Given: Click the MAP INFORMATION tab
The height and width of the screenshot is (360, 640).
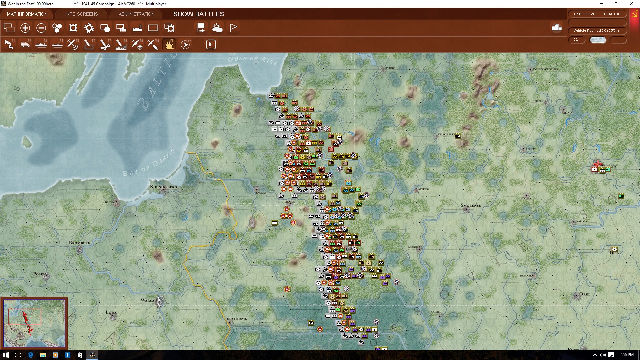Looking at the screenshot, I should pyautogui.click(x=27, y=14).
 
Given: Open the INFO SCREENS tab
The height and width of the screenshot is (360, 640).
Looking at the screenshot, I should pyautogui.click(x=82, y=14).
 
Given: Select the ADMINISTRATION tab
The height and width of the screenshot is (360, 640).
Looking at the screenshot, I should pyautogui.click(x=136, y=14).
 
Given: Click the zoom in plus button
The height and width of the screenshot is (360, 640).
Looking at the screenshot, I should pyautogui.click(x=25, y=28).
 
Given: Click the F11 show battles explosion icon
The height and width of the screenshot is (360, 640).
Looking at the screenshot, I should pyautogui.click(x=169, y=44).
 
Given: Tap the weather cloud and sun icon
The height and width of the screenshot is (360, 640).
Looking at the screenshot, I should pyautogui.click(x=217, y=28).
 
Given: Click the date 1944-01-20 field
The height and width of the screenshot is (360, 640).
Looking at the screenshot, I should pyautogui.click(x=584, y=14).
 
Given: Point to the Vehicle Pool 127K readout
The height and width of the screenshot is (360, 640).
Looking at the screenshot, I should pyautogui.click(x=596, y=31).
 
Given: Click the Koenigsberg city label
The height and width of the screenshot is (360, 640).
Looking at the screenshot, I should pyautogui.click(x=163, y=187).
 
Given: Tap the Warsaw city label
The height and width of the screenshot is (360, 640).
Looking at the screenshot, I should pyautogui.click(x=149, y=300).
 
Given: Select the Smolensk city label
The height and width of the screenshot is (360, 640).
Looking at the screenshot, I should pyautogui.click(x=471, y=205).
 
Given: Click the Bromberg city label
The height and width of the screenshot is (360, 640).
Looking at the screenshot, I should pyautogui.click(x=79, y=243).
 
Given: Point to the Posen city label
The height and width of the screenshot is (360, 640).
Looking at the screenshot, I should pyautogui.click(x=39, y=274).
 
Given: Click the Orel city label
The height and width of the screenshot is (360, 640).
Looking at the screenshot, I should pyautogui.click(x=585, y=294).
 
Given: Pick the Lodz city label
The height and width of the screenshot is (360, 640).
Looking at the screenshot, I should pyautogui.click(x=111, y=312).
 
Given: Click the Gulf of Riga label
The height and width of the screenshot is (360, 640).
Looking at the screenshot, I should pyautogui.click(x=252, y=60).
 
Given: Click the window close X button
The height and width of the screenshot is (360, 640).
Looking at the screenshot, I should pyautogui.click(x=631, y=4).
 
